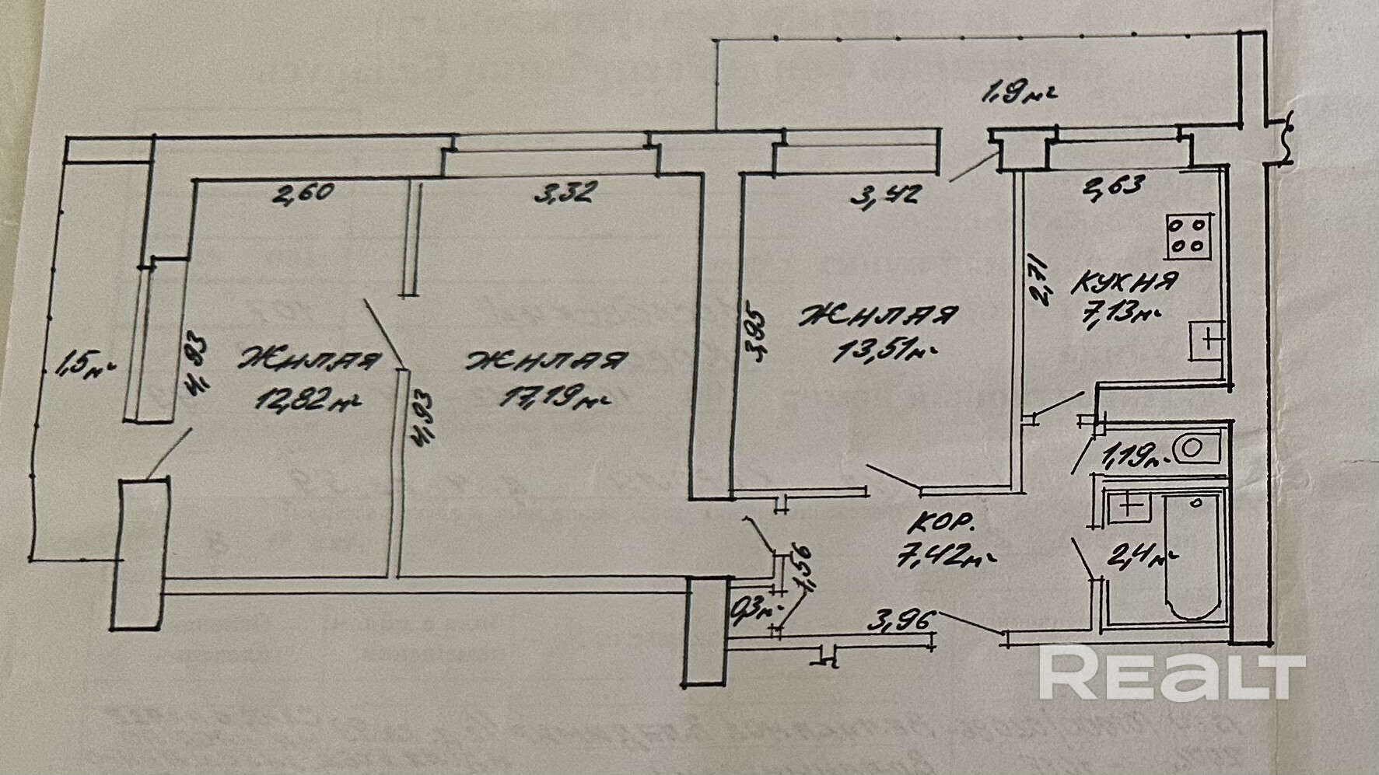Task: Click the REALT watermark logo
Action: (x=1171, y=676)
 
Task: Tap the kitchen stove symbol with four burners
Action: (x=1188, y=236)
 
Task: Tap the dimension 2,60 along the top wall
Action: (x=303, y=192)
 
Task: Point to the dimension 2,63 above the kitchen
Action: (x=1114, y=187)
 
